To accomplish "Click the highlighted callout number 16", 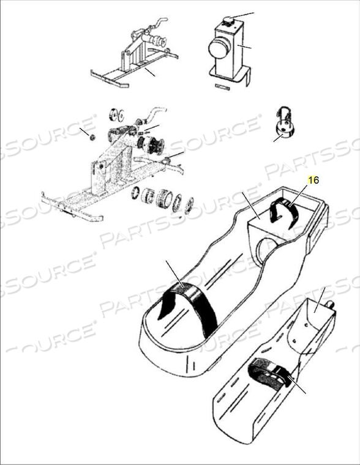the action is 313,180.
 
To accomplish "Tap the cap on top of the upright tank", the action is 228,20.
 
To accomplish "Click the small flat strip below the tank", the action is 223,87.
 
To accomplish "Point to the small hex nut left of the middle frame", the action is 92,137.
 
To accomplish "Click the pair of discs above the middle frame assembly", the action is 116,115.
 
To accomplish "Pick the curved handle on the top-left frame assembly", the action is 158,24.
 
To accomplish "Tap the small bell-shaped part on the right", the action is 285,125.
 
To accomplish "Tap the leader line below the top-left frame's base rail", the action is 149,72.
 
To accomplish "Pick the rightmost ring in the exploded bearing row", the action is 189,206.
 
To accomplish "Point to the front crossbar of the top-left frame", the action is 109,78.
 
